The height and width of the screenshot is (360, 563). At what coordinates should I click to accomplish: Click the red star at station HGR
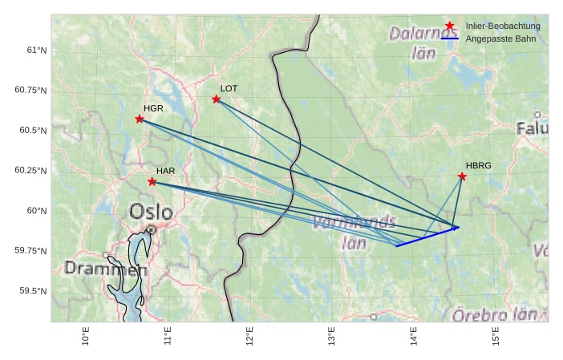(x=140, y=119)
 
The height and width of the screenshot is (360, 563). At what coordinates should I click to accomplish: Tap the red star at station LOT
(x=217, y=99)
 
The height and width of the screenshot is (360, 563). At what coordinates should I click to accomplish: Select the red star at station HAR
(x=152, y=181)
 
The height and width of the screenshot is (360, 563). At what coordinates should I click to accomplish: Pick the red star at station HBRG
(x=462, y=176)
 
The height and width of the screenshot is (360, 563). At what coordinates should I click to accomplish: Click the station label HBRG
(x=478, y=165)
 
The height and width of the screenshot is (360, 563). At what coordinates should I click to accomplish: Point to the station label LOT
(x=229, y=88)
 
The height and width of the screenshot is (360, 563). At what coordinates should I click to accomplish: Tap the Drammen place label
(x=106, y=269)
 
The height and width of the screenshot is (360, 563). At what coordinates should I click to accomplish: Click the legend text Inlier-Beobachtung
(x=503, y=26)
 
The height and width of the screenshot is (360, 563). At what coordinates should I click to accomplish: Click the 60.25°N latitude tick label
(x=31, y=171)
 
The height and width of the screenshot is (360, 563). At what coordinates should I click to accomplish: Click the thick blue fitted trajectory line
(x=425, y=237)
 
